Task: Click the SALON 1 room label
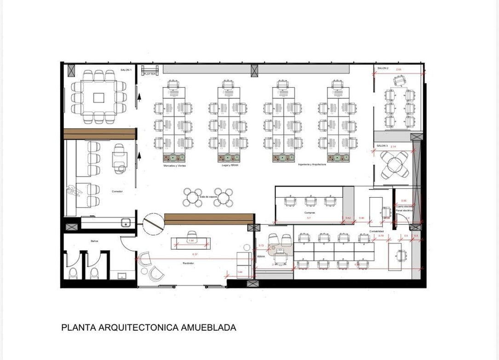[126, 70]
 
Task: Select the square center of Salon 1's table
[98, 97]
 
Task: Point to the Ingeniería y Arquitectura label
[312, 164]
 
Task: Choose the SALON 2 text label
[383, 68]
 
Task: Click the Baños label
[95, 240]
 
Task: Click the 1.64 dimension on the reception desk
[190, 241]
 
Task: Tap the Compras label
[309, 213]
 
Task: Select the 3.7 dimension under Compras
[309, 218]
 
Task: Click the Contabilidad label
[376, 231]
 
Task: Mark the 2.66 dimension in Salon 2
[399, 69]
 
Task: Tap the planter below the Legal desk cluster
[229, 158]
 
